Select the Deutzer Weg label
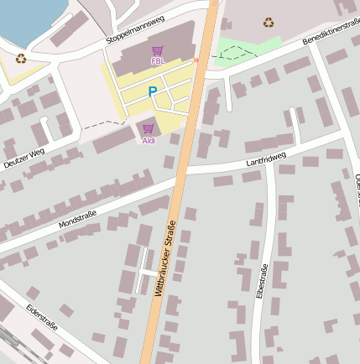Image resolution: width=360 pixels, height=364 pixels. pyautogui.click(x=24, y=158)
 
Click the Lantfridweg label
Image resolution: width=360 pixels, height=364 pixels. pyautogui.click(x=266, y=158)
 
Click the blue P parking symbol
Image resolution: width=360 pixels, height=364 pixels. pyautogui.click(x=152, y=91)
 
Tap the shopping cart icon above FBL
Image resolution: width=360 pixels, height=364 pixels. pyautogui.click(x=157, y=50)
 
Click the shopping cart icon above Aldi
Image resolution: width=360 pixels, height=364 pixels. pyautogui.click(x=149, y=128)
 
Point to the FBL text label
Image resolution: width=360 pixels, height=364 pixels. pyautogui.click(x=157, y=61)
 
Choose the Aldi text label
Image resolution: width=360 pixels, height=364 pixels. pyautogui.click(x=149, y=140)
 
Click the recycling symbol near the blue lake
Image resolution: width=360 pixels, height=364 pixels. pyautogui.click(x=21, y=58)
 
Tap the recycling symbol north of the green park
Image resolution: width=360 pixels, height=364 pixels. pyautogui.click(x=268, y=23)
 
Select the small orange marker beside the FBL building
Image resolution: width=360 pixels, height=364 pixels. pyautogui.click(x=196, y=60)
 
